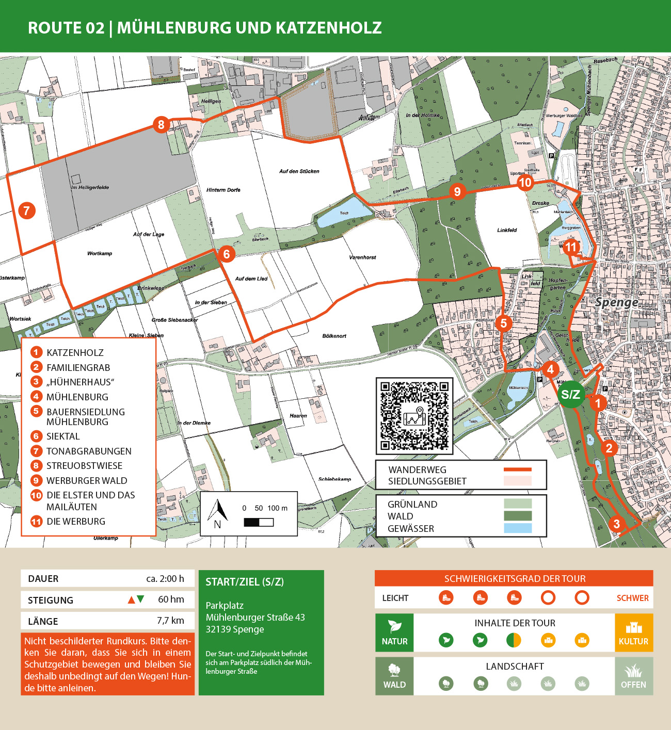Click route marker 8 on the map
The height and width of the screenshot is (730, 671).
pyautogui.click(x=161, y=124)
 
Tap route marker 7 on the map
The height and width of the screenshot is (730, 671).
pyautogui.click(x=27, y=210)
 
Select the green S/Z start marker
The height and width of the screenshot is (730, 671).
pyautogui.click(x=570, y=395)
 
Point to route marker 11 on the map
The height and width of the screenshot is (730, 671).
pyautogui.click(x=570, y=247)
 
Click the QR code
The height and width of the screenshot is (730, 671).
pyautogui.click(x=414, y=416)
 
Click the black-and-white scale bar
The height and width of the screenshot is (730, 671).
pyautogui.click(x=259, y=522)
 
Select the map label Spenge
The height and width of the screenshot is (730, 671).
pyautogui.click(x=616, y=302)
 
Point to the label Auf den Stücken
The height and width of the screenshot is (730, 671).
pyautogui.click(x=299, y=171)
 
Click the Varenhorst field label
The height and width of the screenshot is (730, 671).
pyautogui.click(x=362, y=257)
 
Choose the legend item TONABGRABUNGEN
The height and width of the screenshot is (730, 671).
pyautogui.click(x=89, y=451)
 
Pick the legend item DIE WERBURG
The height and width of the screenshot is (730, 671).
pyautogui.click(x=76, y=522)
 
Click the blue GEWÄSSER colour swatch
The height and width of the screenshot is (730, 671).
pyautogui.click(x=517, y=528)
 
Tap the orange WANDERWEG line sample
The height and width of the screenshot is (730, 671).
pyautogui.click(x=517, y=469)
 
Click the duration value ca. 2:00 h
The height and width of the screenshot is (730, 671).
pyautogui.click(x=165, y=579)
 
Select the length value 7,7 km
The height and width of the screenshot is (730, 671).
pyautogui.click(x=170, y=621)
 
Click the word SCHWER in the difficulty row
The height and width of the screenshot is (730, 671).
pyautogui.click(x=632, y=598)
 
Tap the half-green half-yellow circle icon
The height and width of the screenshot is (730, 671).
pyautogui.click(x=514, y=640)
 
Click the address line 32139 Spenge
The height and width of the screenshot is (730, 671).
pyautogui.click(x=235, y=629)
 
